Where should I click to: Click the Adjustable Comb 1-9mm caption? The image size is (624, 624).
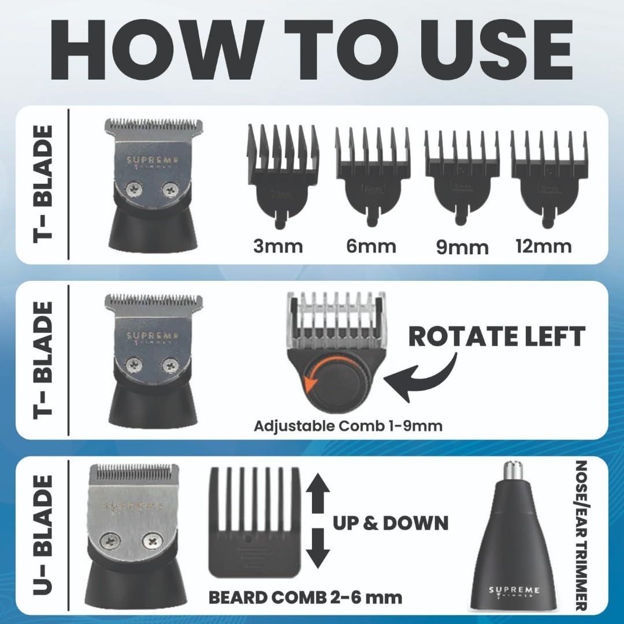[x=348, y=426]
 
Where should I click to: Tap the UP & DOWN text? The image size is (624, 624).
[x=391, y=522]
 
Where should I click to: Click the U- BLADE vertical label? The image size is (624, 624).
[x=43, y=535]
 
